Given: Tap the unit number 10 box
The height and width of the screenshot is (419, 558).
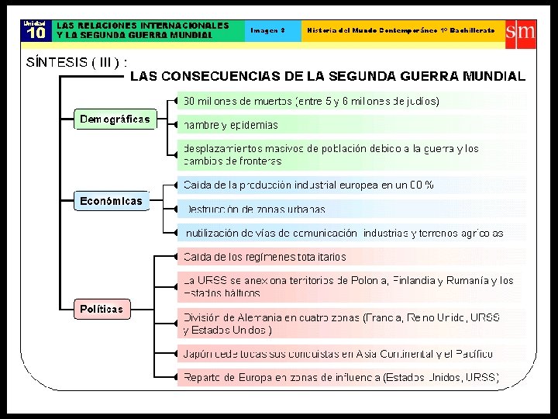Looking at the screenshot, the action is coord(36,30).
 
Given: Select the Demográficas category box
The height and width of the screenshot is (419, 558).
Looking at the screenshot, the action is coord(114,119).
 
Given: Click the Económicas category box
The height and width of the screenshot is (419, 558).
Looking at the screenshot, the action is coord(112,201).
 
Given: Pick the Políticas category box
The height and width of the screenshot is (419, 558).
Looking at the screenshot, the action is coord(102,309).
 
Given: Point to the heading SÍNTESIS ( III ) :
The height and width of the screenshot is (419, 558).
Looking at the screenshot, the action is coord(77,62).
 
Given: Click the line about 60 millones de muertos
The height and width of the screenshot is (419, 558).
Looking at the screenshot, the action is coord(311,101).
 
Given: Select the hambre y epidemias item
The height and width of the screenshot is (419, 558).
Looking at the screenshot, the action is coord(230,125).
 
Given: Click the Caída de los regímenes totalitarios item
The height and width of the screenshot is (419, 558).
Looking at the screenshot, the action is coord(264,257).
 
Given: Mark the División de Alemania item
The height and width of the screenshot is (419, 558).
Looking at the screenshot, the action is coord(341,324).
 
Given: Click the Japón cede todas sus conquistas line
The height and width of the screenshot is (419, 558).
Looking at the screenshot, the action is coord(337,354).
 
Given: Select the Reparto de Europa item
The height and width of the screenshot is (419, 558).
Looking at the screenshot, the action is coord(341,378).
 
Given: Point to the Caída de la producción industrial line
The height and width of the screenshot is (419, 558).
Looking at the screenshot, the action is coord(308,185).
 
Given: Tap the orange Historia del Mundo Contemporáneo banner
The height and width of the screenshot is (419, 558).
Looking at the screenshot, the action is coord(400,30).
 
